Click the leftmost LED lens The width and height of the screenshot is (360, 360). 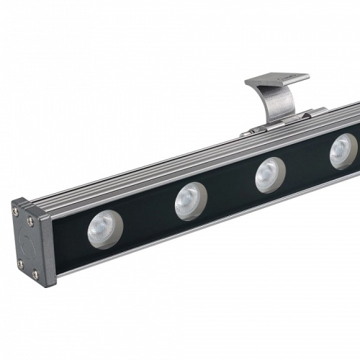tap(105, 230)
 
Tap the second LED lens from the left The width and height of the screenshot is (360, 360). tap(190, 200)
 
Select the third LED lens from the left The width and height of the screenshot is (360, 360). tap(270, 174)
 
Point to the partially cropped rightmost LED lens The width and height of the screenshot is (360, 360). tap(343, 150)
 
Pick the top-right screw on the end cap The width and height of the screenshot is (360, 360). tap(30, 222)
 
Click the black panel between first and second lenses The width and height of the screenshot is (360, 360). tap(148, 217)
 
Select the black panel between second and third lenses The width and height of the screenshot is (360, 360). tap(230, 189)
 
